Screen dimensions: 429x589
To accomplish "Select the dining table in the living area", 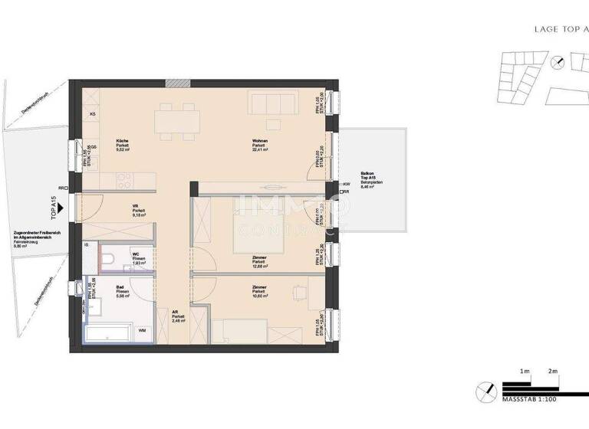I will tap(177, 121).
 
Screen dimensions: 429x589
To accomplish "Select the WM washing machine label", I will tap(142, 330).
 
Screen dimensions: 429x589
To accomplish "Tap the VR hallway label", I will tap(135, 206).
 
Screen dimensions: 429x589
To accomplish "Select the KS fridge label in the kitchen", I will tap(93, 114).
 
